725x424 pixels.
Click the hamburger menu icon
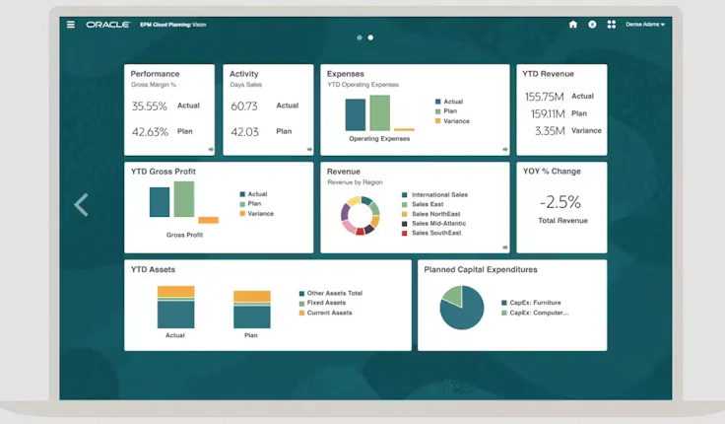tap(71, 25)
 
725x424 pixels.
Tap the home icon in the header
tap(573, 25)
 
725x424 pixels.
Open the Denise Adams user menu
tap(645, 25)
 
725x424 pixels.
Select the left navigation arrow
tap(82, 204)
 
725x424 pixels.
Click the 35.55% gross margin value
tap(150, 106)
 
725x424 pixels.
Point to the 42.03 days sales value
tap(244, 132)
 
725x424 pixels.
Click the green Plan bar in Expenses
tap(379, 112)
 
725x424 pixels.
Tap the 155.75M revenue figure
tap(544, 97)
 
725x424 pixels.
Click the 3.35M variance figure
tap(549, 131)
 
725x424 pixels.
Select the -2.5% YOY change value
tap(560, 202)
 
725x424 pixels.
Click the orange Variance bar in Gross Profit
tap(208, 220)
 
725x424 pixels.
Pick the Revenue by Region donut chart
tap(360, 216)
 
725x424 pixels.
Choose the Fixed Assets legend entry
tap(325, 303)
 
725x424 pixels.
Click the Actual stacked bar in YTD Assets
tap(175, 307)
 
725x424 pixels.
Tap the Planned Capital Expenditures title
tap(480, 269)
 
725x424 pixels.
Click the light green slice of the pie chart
tap(452, 296)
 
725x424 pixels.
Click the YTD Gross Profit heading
tap(164, 172)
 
